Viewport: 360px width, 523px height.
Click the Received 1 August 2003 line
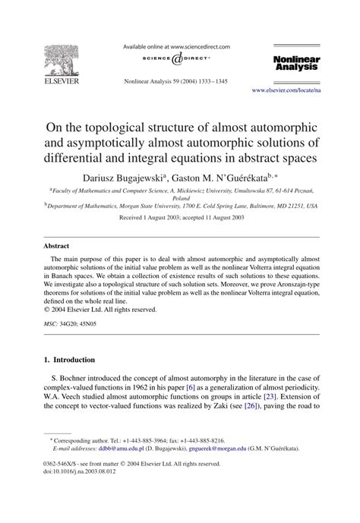pos(180,218)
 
